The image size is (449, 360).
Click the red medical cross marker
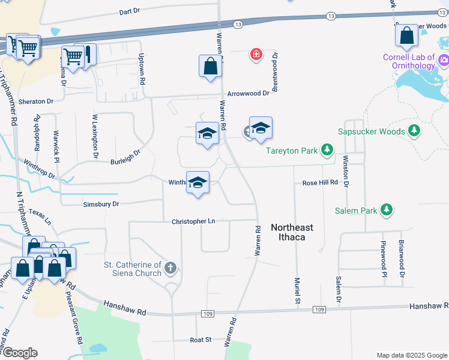click(x=256, y=55)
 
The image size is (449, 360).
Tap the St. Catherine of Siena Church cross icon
click(x=171, y=268)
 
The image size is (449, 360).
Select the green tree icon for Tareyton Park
click(x=327, y=149)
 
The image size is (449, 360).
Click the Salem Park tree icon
click(x=388, y=209)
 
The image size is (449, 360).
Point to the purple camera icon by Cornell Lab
click(x=444, y=59)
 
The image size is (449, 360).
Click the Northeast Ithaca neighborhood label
click(x=292, y=232)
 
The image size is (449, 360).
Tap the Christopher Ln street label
click(x=193, y=221)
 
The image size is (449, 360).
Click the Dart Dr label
click(x=129, y=11)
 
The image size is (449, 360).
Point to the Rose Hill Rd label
click(x=320, y=182)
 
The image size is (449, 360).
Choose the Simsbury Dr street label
click(x=101, y=205)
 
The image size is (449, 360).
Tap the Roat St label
click(x=200, y=340)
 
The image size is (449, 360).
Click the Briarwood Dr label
click(x=402, y=259)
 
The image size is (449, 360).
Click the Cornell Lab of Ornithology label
click(x=409, y=62)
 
